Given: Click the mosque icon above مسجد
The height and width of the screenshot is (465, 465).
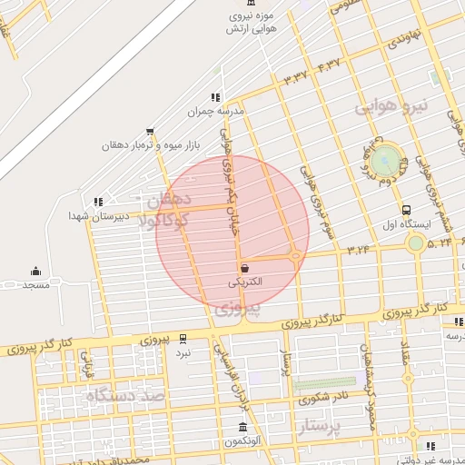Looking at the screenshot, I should click(35, 271).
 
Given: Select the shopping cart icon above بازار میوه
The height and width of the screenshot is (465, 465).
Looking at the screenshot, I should click(150, 131).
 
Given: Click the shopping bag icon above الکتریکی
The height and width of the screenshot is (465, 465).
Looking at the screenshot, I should click(246, 267).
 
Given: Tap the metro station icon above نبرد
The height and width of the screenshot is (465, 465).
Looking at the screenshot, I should click(183, 338).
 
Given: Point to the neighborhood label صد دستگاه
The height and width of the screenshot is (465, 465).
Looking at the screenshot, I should click(125, 395).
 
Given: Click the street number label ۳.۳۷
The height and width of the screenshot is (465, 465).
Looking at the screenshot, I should click(297, 76).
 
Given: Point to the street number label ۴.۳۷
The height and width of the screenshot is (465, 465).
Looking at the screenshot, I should click(329, 64).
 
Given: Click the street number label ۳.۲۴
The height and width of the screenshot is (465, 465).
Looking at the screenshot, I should click(358, 247).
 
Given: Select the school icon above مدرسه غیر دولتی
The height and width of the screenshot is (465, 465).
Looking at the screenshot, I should click(430, 446).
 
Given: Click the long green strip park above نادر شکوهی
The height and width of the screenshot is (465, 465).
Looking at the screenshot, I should click(324, 384).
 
